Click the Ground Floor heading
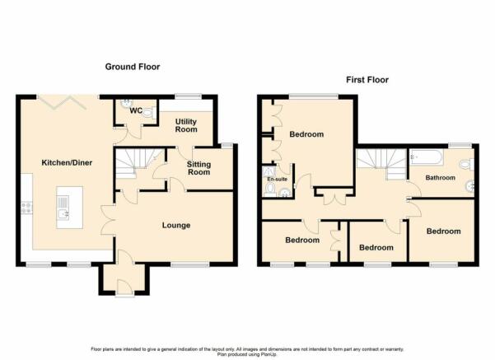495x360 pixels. click(x=133, y=67)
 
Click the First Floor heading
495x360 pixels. click(x=367, y=80)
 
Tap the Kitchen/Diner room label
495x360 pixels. click(x=67, y=162)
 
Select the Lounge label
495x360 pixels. click(x=176, y=225)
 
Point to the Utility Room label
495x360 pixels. click(x=186, y=125)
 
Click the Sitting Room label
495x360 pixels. click(x=198, y=168)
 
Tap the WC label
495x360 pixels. click(x=136, y=111)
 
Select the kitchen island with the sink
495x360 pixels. click(x=70, y=207)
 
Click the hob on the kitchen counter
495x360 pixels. click(x=26, y=208)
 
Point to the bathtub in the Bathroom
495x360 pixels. click(x=427, y=157)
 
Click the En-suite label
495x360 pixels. click(x=278, y=179)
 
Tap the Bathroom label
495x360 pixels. click(x=441, y=178)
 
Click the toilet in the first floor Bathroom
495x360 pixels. click(x=467, y=165)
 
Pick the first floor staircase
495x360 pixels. click(x=381, y=164)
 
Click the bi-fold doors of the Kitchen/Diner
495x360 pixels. click(x=62, y=102)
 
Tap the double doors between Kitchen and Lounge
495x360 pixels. click(x=108, y=220)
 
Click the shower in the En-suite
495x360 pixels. click(x=269, y=172)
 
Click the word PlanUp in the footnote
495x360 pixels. click(x=269, y=354)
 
